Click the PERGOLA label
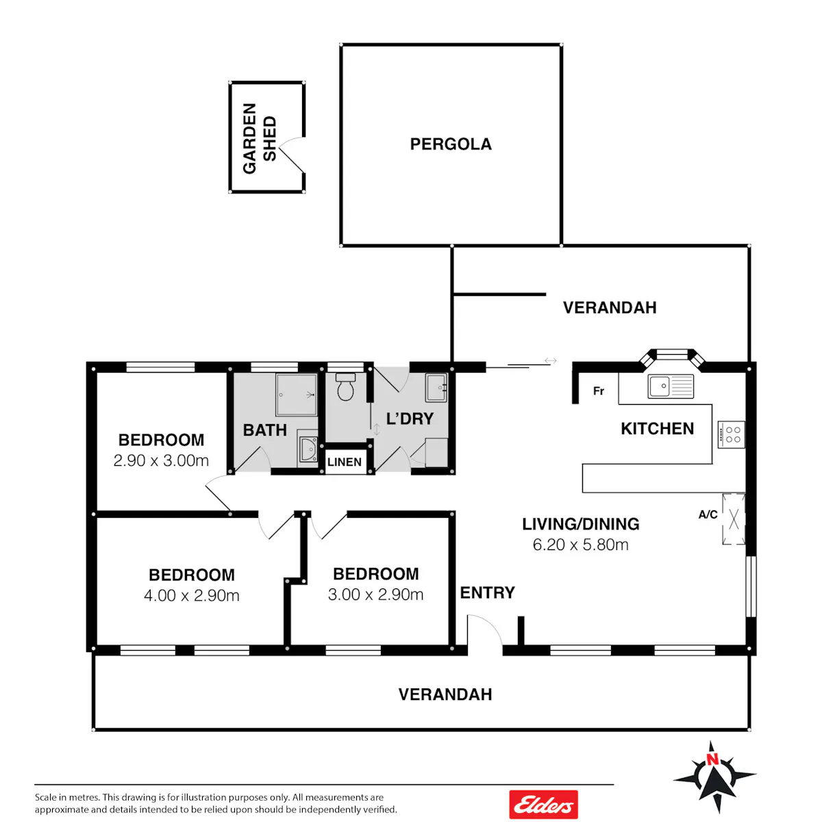pyautogui.click(x=451, y=144)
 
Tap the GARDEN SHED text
pyautogui.click(x=260, y=138)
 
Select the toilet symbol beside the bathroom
pyautogui.click(x=345, y=386)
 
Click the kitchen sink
pyautogui.click(x=671, y=386)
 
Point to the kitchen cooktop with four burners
pyautogui.click(x=731, y=435)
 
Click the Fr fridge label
pyautogui.click(x=599, y=390)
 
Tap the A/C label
pyautogui.click(x=708, y=514)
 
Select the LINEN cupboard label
pyautogui.click(x=345, y=462)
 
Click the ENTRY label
pyautogui.click(x=487, y=593)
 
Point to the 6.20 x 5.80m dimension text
pyautogui.click(x=581, y=545)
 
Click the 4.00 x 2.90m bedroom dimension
pyautogui.click(x=192, y=595)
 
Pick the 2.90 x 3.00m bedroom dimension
pyautogui.click(x=161, y=461)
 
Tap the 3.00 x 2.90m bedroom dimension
pyautogui.click(x=375, y=595)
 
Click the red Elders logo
pyautogui.click(x=543, y=804)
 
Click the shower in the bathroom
pyautogui.click(x=297, y=395)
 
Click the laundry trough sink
pyautogui.click(x=436, y=388)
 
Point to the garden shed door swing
pyautogui.click(x=291, y=154)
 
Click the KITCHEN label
pyautogui.click(x=658, y=429)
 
